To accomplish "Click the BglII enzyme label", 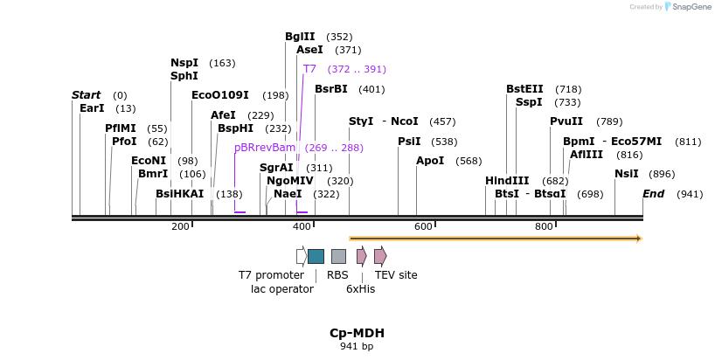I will click(x=300, y=37).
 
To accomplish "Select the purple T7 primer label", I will click(x=309, y=69).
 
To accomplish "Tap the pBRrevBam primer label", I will click(x=265, y=148).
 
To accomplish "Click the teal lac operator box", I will click(x=316, y=256).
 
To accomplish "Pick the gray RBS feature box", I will click(x=338, y=256).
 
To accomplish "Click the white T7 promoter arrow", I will click(x=302, y=256).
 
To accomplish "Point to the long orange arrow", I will click(x=496, y=238).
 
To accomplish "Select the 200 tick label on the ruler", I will click(x=180, y=227).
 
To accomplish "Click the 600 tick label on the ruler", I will click(x=423, y=227).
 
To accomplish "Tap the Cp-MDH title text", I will click(x=357, y=333).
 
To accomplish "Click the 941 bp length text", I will click(x=357, y=347).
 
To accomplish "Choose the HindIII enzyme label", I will click(x=507, y=181).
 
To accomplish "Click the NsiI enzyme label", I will click(x=626, y=174).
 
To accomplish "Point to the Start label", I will click(x=87, y=95).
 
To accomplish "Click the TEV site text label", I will click(x=396, y=275).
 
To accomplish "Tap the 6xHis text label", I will click(x=360, y=288).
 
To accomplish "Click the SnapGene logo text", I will click(x=691, y=7).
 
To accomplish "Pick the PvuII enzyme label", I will click(x=566, y=121).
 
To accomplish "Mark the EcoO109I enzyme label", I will click(x=220, y=95).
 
